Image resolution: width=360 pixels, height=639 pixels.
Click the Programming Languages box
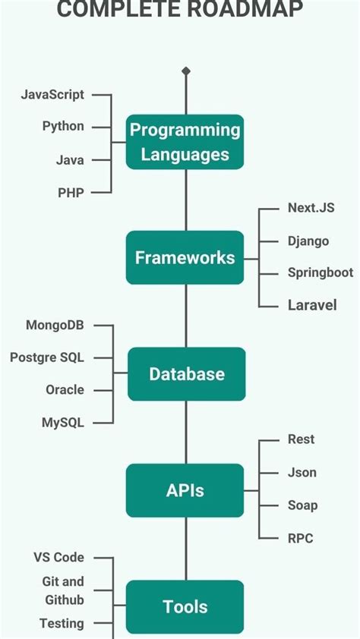click(x=185, y=141)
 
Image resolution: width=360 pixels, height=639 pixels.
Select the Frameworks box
click(x=185, y=257)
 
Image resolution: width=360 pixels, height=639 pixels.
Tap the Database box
click(x=186, y=373)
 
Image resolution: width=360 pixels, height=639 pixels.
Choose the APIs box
click(x=185, y=490)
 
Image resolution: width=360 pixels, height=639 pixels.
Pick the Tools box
click(x=185, y=606)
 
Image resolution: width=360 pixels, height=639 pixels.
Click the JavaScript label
click(x=52, y=95)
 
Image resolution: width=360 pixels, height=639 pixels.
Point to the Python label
click(x=63, y=126)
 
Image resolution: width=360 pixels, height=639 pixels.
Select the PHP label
click(x=71, y=193)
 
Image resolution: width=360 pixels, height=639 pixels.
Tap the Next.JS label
click(x=311, y=208)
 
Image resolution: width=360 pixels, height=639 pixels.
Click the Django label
click(x=308, y=241)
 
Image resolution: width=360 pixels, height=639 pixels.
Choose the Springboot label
click(x=321, y=272)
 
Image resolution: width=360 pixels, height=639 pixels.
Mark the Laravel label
click(x=312, y=305)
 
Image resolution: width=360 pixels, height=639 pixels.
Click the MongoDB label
click(x=55, y=326)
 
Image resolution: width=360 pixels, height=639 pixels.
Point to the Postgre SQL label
click(x=47, y=357)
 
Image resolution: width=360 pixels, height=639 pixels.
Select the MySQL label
click(x=63, y=423)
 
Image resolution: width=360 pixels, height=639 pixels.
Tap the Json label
click(x=302, y=472)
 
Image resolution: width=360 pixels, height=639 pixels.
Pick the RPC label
click(x=301, y=538)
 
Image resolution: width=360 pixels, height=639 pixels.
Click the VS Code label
click(x=58, y=557)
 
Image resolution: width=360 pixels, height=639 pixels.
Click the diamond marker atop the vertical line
click(x=186, y=71)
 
